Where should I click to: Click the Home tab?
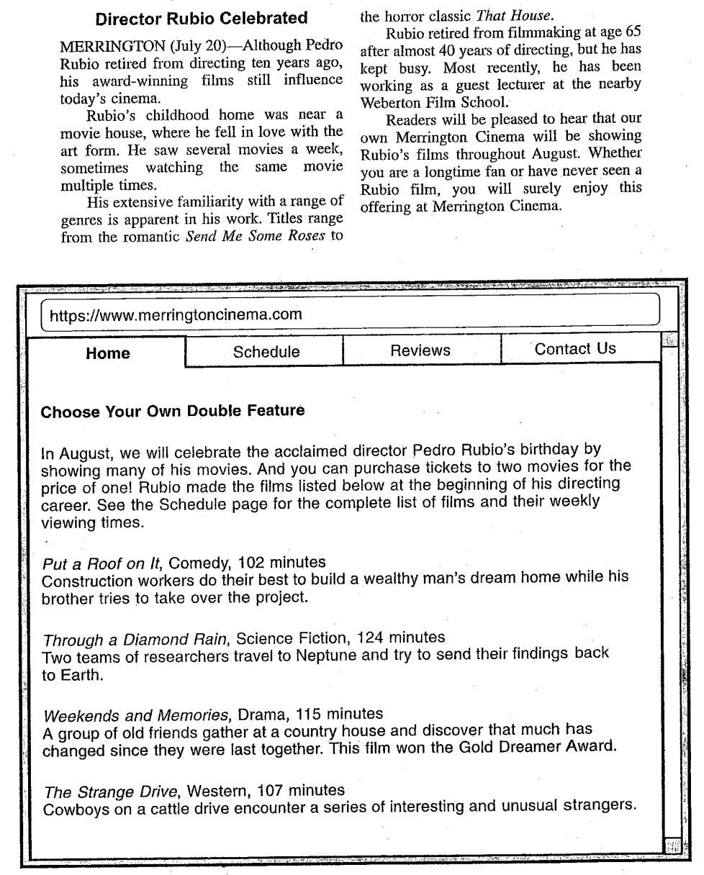[108, 353]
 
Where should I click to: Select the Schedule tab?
[266, 352]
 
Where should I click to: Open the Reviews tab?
[420, 350]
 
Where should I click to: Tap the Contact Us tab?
[575, 349]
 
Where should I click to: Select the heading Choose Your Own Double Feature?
[173, 412]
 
